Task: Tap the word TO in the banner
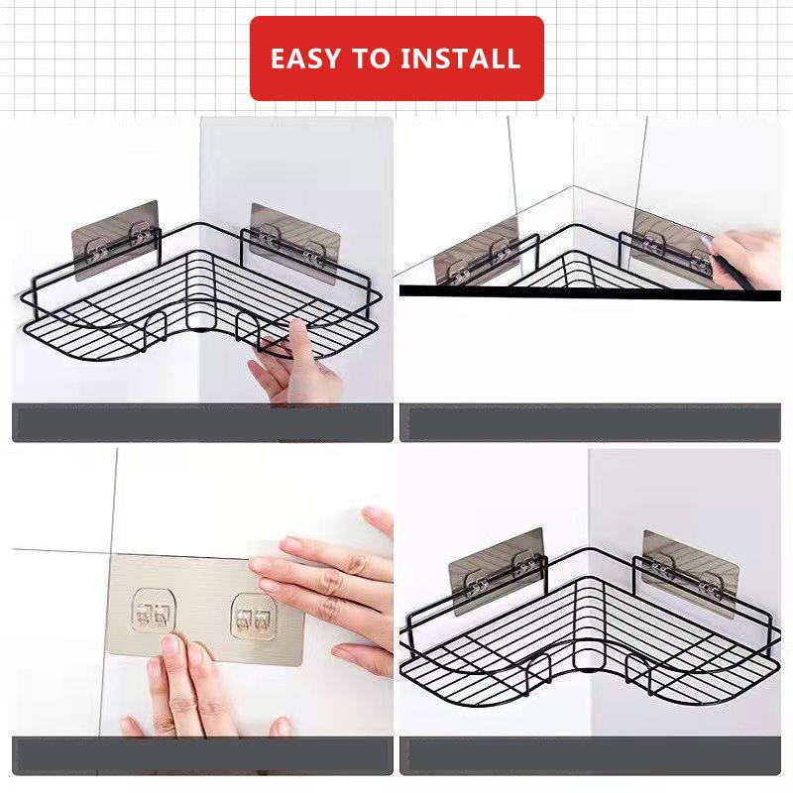click(375, 58)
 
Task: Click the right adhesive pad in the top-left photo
click(294, 240)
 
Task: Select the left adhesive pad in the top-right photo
click(476, 253)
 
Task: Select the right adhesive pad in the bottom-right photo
click(690, 570)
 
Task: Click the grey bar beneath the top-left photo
click(202, 422)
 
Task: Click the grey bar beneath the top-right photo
click(590, 422)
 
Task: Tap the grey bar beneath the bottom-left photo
click(202, 755)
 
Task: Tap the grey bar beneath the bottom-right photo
click(590, 755)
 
